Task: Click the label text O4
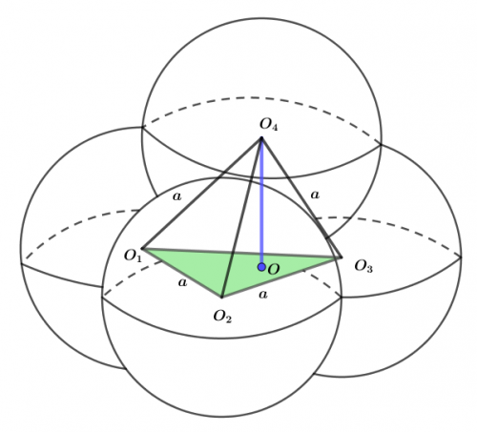[269, 124]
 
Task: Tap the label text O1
[133, 256]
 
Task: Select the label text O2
[222, 317]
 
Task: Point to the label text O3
[363, 266]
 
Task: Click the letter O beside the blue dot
[274, 270]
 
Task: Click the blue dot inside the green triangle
[261, 267]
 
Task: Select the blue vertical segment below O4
[261, 202]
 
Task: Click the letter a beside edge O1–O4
[177, 196]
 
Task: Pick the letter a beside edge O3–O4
[315, 195]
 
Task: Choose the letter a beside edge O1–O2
[182, 282]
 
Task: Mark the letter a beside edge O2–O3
[263, 295]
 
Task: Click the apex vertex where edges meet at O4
[261, 138]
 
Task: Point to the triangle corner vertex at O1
[142, 249]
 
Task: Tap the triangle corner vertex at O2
[221, 298]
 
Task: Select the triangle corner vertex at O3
[341, 257]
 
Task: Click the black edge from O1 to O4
[202, 194]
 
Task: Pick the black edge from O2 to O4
[241, 217]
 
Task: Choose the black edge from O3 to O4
[301, 197]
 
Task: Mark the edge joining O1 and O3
[241, 253]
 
